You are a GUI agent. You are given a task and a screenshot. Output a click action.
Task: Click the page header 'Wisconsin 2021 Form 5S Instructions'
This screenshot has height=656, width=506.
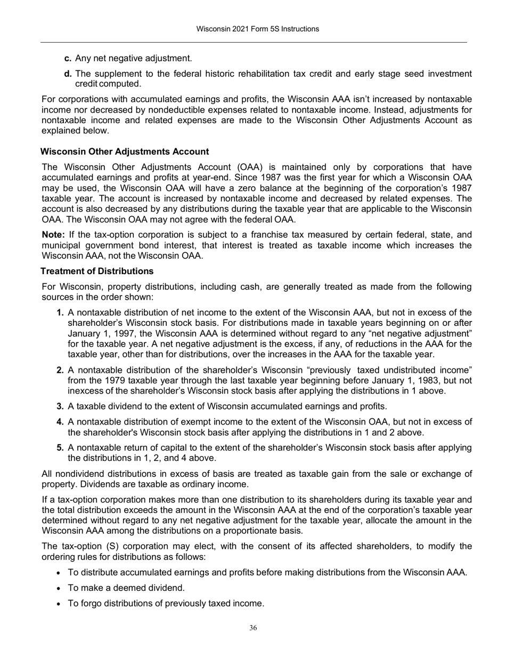(257, 29)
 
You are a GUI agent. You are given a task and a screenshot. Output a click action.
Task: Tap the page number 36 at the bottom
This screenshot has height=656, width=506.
(253, 628)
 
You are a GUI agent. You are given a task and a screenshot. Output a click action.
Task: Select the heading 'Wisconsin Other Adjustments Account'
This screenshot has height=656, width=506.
(125, 152)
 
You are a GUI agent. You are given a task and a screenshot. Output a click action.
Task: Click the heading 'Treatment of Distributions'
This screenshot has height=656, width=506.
(97, 271)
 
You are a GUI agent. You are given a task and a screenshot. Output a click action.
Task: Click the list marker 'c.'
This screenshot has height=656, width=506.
(68, 58)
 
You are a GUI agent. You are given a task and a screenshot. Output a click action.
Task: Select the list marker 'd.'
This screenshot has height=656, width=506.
(68, 74)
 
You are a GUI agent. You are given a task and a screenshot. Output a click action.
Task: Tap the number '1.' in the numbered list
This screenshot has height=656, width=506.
(60, 313)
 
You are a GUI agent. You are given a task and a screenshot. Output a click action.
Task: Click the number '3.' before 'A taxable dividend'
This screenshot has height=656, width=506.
(60, 406)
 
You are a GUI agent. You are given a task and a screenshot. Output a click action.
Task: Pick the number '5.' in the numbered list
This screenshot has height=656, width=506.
(60, 447)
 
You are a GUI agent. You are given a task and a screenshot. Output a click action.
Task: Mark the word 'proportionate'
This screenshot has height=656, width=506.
(270, 531)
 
